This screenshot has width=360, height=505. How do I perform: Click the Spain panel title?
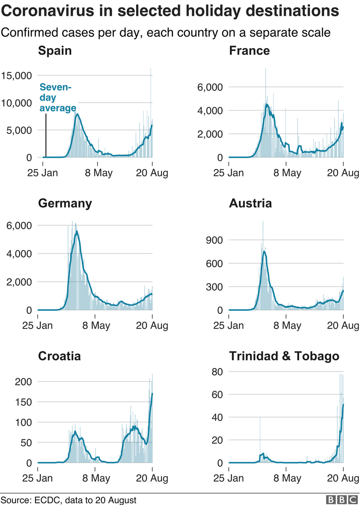coord(55,51)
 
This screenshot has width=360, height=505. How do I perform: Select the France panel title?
coord(249,51)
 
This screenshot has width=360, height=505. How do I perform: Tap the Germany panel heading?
coord(65,203)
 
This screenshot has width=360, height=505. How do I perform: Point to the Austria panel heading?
coord(250,203)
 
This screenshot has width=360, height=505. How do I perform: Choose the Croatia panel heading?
coord(59,356)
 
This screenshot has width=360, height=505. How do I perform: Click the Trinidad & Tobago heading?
coord(284,356)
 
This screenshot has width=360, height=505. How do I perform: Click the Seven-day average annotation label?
coord(58,98)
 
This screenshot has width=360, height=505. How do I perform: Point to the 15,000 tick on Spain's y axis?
coord(17,76)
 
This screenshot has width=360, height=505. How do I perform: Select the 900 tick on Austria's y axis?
coord(214,240)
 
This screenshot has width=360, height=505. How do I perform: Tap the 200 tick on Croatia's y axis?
coord(23,382)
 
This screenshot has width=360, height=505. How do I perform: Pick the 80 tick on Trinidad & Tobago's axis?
coord(217,372)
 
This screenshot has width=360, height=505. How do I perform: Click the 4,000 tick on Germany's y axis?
coord(19,254)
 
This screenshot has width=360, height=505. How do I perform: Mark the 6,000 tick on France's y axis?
coord(210,87)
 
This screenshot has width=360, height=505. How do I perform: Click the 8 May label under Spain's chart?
coord(98,173)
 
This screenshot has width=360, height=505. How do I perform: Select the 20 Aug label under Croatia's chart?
coord(152,478)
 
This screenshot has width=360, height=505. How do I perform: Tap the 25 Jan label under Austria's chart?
coord(229,326)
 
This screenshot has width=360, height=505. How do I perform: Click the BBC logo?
coord(342,499)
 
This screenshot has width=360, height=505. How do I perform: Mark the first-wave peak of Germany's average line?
coord(76,231)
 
